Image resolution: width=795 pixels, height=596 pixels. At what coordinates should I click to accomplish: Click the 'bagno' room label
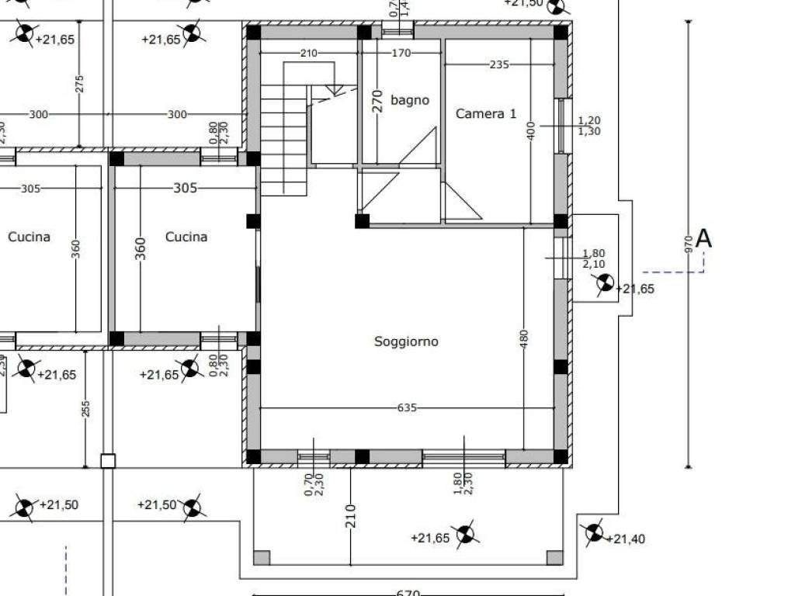(409, 100)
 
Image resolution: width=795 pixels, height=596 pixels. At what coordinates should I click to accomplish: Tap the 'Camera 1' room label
(485, 114)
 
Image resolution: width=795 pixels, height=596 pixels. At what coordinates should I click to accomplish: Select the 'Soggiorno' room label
(406, 341)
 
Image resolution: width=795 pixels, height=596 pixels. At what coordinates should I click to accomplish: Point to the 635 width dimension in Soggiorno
(408, 407)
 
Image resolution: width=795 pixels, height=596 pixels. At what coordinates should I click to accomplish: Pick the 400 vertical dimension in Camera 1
(531, 130)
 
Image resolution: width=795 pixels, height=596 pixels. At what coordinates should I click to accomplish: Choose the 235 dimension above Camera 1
(499, 65)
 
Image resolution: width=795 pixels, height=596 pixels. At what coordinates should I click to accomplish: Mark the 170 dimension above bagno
(401, 54)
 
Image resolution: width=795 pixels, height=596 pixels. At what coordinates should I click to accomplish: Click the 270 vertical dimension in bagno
(378, 101)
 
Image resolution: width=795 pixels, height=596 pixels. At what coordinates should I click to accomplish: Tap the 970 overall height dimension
(688, 245)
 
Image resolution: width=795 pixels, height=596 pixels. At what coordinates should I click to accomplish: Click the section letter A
(703, 238)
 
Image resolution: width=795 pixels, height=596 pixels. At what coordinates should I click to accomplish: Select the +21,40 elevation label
(625, 539)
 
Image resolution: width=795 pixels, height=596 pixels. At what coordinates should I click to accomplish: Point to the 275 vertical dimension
(80, 84)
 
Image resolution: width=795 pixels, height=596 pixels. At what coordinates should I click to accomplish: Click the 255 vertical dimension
(85, 408)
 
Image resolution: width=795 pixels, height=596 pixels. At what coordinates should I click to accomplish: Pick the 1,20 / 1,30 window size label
(589, 126)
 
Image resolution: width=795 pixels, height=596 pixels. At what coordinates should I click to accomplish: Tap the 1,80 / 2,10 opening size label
(594, 258)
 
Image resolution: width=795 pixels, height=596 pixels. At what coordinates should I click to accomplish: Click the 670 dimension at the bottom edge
(408, 593)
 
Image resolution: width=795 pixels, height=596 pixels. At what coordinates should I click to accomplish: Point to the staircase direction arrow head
(334, 90)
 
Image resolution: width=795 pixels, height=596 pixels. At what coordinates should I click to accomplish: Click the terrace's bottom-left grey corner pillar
(262, 557)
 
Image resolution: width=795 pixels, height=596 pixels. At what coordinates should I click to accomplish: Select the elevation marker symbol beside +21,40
(594, 532)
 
